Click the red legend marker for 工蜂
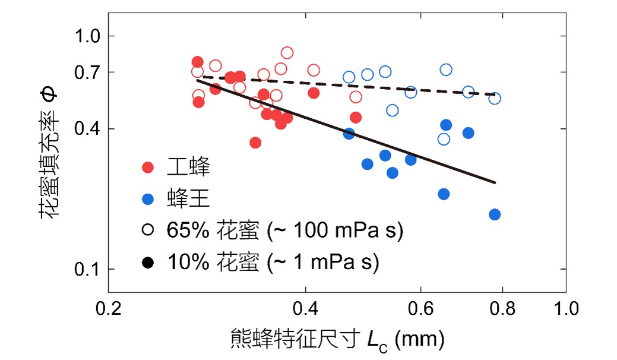coord(148,168)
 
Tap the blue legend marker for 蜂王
coord(148,199)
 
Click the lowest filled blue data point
coord(495,214)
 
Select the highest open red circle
coord(287,53)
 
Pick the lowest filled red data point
coord(255,143)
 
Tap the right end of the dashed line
coord(495,95)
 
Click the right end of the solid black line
coord(495,183)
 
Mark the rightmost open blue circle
coord(495,98)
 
